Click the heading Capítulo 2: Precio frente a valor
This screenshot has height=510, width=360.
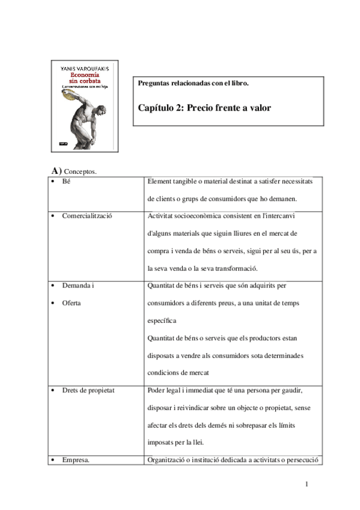(x=205, y=108)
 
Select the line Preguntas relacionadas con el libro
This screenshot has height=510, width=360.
(x=194, y=83)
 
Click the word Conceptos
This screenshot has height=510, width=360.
(x=80, y=172)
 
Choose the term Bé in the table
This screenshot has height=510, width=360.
(x=66, y=181)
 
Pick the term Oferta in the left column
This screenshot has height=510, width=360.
(x=71, y=303)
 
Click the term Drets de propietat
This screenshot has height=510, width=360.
(x=88, y=390)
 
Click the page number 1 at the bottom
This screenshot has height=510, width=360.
(x=307, y=485)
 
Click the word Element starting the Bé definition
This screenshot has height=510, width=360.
(x=159, y=181)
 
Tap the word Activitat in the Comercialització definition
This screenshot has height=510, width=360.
(x=160, y=215)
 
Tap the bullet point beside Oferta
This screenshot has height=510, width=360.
(x=54, y=303)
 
